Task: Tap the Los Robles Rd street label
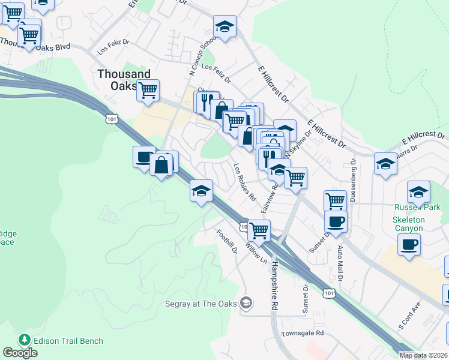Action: (x=245, y=182)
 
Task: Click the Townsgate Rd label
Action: (x=303, y=332)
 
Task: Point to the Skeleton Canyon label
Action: (x=408, y=224)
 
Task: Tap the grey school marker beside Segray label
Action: (x=246, y=303)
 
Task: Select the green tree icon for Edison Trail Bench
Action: (x=25, y=340)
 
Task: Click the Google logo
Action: (x=20, y=353)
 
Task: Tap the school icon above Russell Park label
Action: (x=418, y=191)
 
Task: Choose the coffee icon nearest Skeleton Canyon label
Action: (x=409, y=245)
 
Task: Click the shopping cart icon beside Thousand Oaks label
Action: (x=148, y=91)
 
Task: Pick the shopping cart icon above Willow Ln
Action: (x=259, y=230)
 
